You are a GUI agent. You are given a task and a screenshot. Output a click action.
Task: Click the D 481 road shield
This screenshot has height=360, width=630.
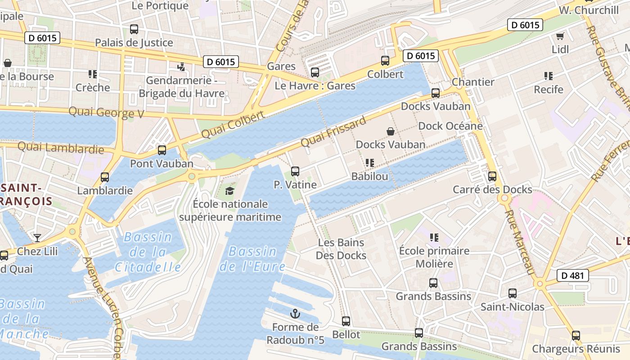[x=573, y=275]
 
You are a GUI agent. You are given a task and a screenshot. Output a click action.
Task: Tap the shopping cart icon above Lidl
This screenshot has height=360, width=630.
[x=560, y=36]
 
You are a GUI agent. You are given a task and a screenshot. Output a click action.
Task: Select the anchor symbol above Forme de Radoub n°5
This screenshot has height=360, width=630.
[x=295, y=314]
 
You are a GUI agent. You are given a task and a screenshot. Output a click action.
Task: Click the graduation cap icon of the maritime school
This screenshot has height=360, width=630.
[x=230, y=191]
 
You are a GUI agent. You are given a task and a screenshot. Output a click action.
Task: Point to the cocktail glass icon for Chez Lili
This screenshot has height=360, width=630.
[x=37, y=238]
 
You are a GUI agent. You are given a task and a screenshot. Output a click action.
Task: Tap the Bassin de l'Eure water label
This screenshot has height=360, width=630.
[x=252, y=259]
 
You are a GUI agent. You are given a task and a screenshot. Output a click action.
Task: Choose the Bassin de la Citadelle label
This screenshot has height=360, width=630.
[x=148, y=252]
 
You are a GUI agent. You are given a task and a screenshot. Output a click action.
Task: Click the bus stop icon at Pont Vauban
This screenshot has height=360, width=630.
[x=162, y=150]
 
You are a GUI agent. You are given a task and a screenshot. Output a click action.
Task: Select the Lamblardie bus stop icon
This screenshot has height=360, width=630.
[x=105, y=177]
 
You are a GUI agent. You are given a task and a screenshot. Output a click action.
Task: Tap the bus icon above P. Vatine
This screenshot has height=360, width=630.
[x=295, y=171]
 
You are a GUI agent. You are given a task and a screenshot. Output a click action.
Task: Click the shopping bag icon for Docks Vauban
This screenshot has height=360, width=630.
[x=391, y=131]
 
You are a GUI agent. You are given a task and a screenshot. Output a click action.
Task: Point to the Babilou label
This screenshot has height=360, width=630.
[x=369, y=176]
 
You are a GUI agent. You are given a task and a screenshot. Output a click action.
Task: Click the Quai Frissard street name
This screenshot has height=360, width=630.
[x=333, y=132]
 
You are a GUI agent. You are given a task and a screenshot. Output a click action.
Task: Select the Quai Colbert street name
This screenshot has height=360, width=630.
[x=233, y=125]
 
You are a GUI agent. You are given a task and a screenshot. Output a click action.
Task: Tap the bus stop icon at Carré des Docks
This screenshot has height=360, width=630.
[x=492, y=176]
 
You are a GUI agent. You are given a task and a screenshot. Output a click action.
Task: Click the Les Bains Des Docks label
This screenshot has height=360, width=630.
[x=341, y=249]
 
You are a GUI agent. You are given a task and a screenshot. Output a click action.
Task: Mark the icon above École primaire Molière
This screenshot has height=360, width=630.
[x=434, y=237]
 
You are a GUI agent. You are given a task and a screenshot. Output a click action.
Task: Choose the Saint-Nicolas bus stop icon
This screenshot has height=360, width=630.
[x=513, y=293]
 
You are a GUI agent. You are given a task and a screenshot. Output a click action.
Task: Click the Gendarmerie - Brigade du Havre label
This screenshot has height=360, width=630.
[x=181, y=87]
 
